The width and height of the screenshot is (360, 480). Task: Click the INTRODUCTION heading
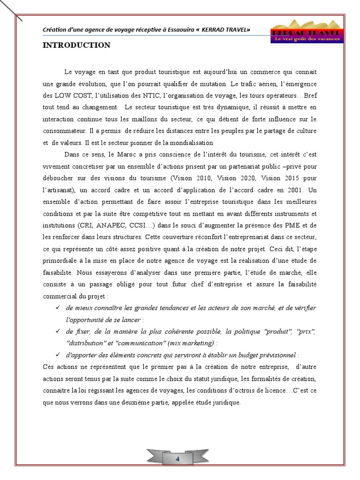(x=76, y=45)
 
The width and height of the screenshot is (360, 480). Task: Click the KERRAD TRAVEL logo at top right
(x=307, y=32)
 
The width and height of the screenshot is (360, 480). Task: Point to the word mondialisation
(x=190, y=143)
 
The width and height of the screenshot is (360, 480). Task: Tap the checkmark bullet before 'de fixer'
(x=58, y=331)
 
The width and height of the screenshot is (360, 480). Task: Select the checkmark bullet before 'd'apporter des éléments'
(x=58, y=355)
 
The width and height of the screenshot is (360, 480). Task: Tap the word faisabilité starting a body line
(x=58, y=272)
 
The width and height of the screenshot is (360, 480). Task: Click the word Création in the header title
(x=55, y=30)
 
